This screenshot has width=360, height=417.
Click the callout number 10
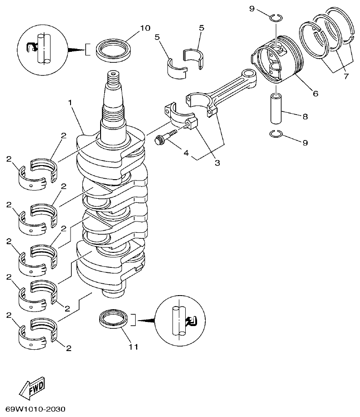[144, 28]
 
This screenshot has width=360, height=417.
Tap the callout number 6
[315, 94]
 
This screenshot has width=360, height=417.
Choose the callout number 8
[305, 117]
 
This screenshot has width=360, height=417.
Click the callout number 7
[346, 76]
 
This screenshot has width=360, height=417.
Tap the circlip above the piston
[275, 18]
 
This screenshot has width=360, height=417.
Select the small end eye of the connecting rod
[248, 75]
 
